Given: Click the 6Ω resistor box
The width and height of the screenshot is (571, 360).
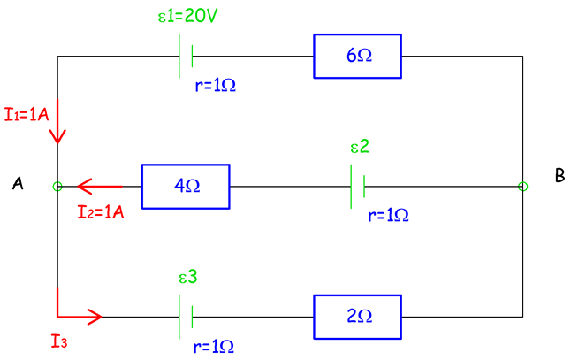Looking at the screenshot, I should (x=357, y=56).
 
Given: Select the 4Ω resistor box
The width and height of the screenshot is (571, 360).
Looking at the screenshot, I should (x=186, y=187).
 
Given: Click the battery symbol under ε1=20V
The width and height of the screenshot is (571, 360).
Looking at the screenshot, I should (x=187, y=57).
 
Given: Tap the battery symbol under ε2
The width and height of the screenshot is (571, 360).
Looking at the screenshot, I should (x=359, y=187).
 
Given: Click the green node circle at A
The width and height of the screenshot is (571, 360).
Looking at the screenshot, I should (x=58, y=187).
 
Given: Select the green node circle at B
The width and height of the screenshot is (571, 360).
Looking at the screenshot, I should (x=522, y=187).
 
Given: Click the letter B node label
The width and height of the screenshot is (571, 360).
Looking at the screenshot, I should (x=560, y=176).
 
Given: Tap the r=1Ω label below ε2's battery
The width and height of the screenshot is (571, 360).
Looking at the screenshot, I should (x=388, y=215).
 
